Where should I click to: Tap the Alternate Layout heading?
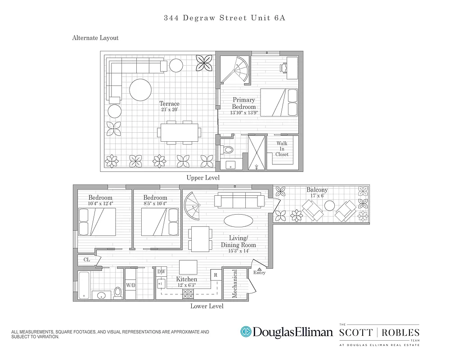tap(95, 38)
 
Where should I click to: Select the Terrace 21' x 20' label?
tap(169, 107)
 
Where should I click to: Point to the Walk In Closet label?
tap(282, 149)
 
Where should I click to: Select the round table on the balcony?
tap(330, 206)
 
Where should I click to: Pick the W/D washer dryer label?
tap(130, 285)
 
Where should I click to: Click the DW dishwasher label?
tap(161, 271)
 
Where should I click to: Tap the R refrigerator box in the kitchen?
tap(216, 274)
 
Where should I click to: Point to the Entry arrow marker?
tap(259, 269)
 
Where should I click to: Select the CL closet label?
tap(86, 260)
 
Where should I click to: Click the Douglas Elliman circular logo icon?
tap(246, 332)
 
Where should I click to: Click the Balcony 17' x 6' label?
tap(317, 193)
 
